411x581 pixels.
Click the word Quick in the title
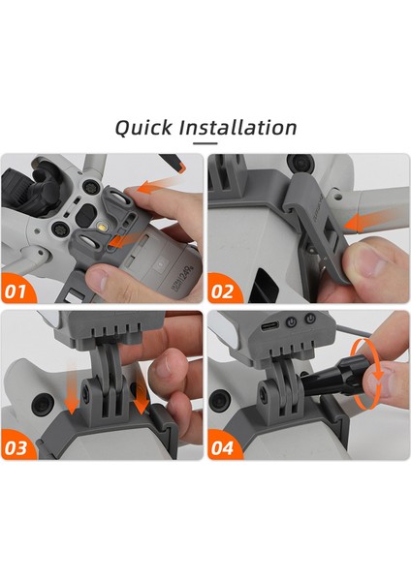pyautogui.click(x=143, y=128)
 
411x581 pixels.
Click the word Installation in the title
pyautogui.click(x=237, y=127)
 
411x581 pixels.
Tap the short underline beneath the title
pyautogui.click(x=205, y=143)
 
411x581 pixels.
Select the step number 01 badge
pyautogui.click(x=16, y=291)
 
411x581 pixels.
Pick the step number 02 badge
pyautogui.click(x=223, y=291)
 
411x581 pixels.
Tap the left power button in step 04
pyautogui.click(x=292, y=321)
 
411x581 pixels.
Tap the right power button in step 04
pyautogui.click(x=310, y=318)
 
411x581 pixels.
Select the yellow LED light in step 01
pyautogui.click(x=101, y=227)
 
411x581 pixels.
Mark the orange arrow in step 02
pyautogui.click(x=365, y=222)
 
